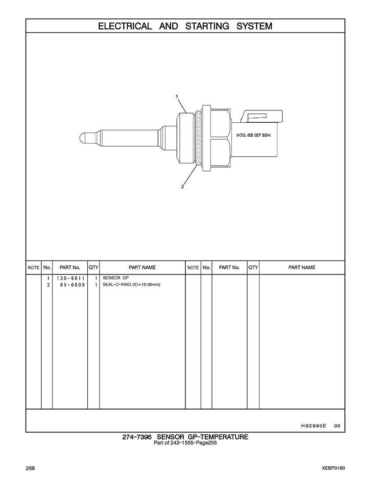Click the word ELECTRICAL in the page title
click(125, 26)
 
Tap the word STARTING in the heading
click(207, 26)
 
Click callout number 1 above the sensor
click(177, 96)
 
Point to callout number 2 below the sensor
click(182, 186)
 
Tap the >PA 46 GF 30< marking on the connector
click(254, 135)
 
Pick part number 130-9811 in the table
click(70, 278)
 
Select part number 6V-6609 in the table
click(73, 285)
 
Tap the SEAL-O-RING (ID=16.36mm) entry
click(132, 285)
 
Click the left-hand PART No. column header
click(70, 267)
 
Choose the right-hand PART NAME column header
click(302, 267)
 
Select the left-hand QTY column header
click(94, 267)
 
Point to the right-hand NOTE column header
click(193, 267)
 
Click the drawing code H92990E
click(314, 426)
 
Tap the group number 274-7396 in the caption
click(137, 437)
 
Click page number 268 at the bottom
click(30, 468)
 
